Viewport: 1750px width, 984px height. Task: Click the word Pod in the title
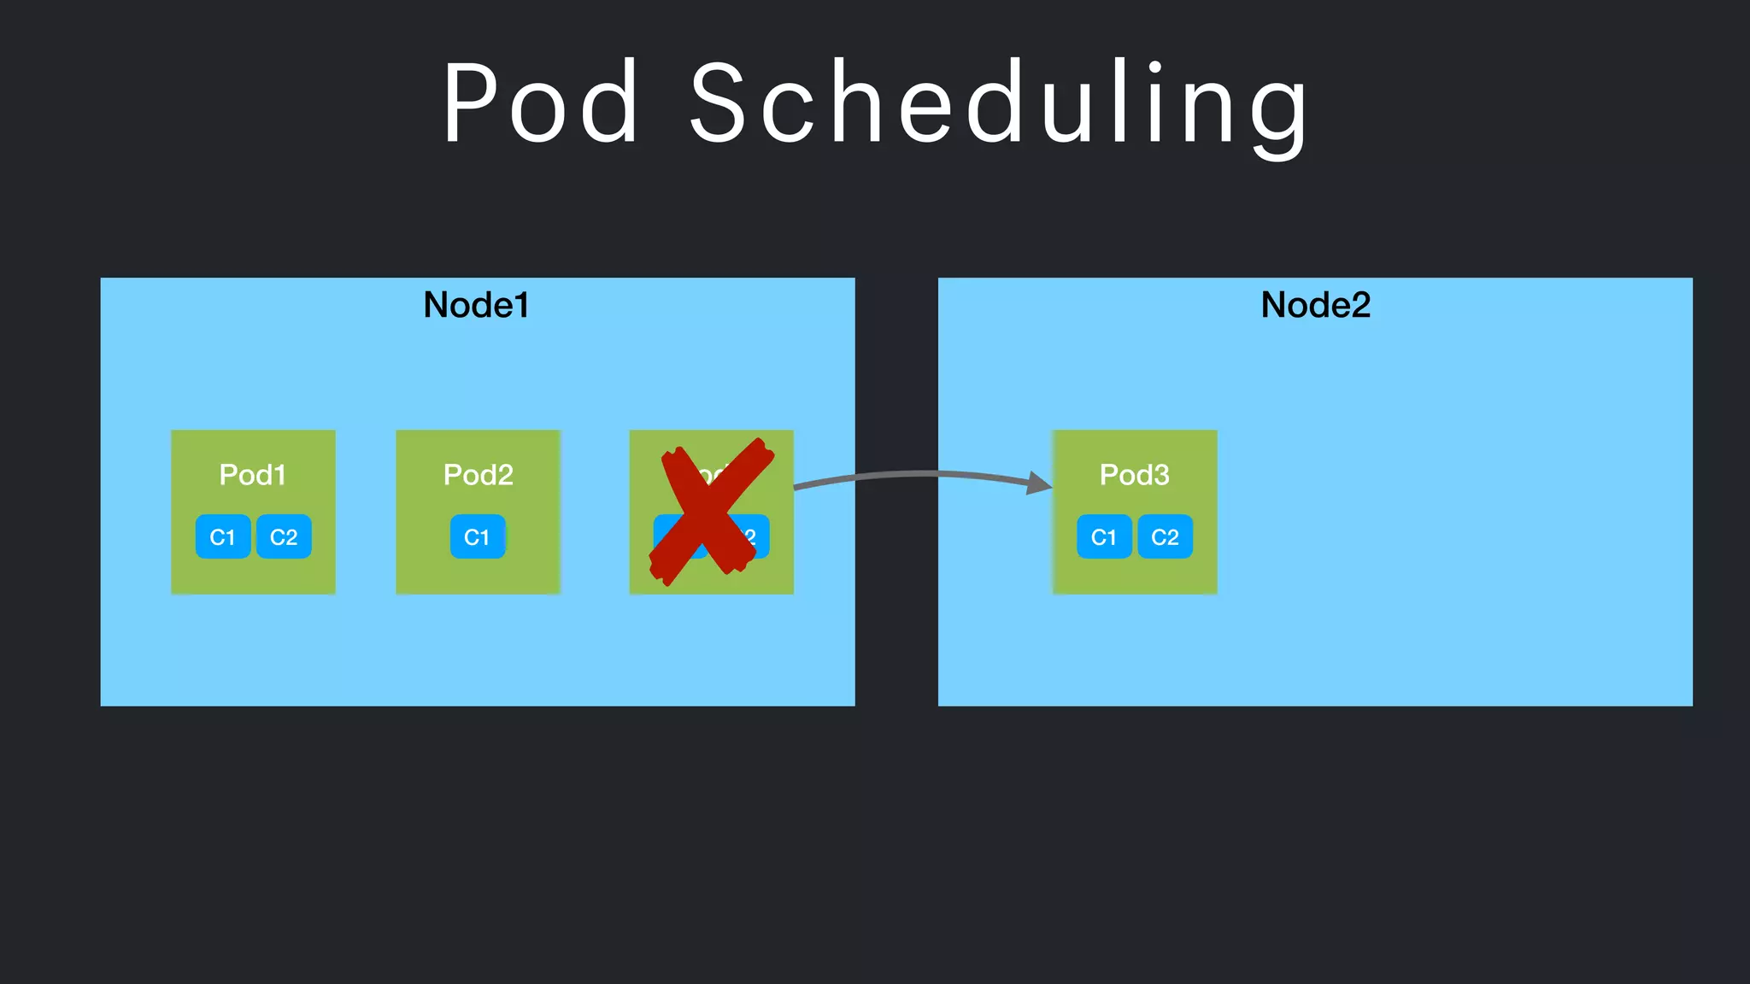pyautogui.click(x=540, y=103)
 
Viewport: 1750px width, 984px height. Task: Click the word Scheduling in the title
pyautogui.click(x=998, y=105)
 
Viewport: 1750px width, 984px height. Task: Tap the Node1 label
pyautogui.click(x=476, y=305)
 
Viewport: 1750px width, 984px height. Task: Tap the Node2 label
pyautogui.click(x=1315, y=305)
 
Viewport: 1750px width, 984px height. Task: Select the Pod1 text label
pyautogui.click(x=252, y=475)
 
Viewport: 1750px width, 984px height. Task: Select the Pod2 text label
pyautogui.click(x=478, y=475)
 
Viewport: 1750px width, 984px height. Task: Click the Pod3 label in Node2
pyautogui.click(x=1134, y=475)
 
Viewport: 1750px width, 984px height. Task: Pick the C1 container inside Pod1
pyautogui.click(x=223, y=536)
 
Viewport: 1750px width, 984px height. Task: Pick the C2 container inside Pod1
pyautogui.click(x=284, y=536)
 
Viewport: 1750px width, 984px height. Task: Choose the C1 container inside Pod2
pyautogui.click(x=478, y=536)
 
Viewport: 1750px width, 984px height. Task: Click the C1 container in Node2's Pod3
pyautogui.click(x=1104, y=536)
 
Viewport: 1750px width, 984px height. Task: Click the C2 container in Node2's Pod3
pyautogui.click(x=1165, y=536)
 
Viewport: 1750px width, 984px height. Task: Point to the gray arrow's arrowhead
pyautogui.click(x=1039, y=483)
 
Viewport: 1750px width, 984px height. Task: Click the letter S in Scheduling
pyautogui.click(x=720, y=103)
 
